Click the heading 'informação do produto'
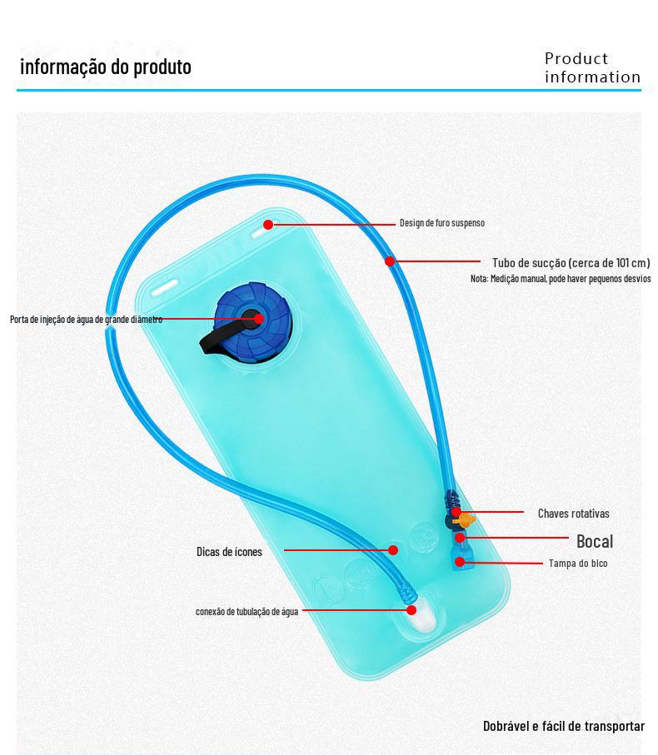105,67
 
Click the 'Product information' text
592,68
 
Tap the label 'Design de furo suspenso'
441,223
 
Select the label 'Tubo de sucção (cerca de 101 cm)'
571,262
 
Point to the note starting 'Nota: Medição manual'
561,279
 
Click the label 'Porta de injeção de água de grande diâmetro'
86,320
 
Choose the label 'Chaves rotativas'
573,514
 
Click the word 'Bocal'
594,541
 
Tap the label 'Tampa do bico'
578,564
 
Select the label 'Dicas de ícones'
229,552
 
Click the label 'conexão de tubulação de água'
247,612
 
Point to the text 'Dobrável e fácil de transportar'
563,726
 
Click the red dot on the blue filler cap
258,319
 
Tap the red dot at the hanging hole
268,224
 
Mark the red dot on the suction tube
389,261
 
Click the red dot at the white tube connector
411,610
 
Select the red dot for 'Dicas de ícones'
393,550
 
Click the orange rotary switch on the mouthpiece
467,520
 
